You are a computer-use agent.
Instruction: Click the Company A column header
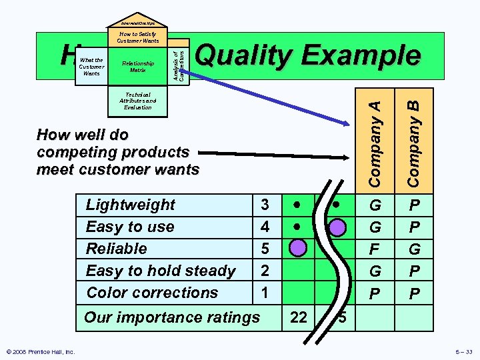[376, 142]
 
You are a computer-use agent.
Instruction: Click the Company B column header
[414, 142]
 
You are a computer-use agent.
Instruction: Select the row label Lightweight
[131, 205]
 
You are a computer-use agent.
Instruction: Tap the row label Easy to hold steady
[161, 271]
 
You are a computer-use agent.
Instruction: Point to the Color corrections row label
[152, 292]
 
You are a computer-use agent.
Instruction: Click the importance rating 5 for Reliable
[265, 249]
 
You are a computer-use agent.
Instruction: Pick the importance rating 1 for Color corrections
[265, 292]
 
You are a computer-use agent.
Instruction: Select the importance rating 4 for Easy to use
[265, 227]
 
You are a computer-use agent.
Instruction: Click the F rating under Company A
[376, 249]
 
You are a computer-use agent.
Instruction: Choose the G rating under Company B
[414, 249]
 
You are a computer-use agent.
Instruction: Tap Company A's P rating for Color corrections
[376, 292]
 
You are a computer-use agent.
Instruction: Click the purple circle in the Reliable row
[298, 249]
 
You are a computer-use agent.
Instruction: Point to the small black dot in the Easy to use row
[298, 227]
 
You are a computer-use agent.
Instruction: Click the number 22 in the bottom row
[299, 317]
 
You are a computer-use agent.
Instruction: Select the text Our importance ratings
[172, 317]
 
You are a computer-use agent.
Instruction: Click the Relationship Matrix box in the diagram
[138, 66]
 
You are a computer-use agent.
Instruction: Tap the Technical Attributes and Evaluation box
[138, 101]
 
